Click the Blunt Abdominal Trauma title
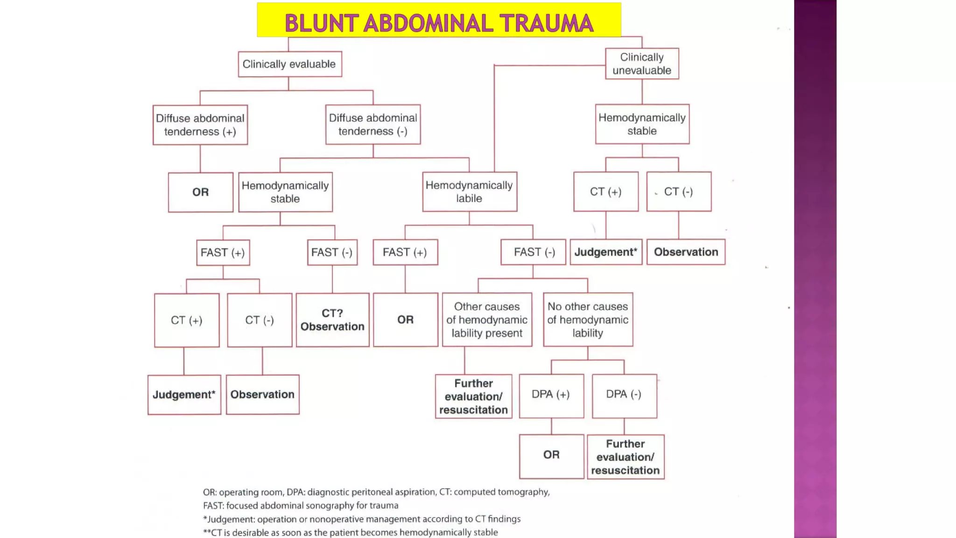pos(439,22)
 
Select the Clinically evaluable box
pos(289,64)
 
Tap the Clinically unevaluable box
pos(642,64)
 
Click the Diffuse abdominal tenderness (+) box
pos(200,125)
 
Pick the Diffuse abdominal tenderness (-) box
pos(373,124)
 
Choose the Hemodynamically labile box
pos(469,191)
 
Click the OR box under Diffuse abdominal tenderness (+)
pos(201,192)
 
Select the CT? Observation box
pos(332,320)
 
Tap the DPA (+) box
pos(551,395)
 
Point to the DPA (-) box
pos(624,395)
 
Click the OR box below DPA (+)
pos(551,455)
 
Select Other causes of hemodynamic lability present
pos(487,320)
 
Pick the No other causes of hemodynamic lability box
pos(588,320)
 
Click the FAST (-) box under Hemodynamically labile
pos(534,252)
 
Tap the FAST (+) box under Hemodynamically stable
pos(223,253)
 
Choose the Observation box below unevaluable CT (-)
pos(686,252)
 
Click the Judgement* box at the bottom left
pos(184,395)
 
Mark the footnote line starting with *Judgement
pos(362,519)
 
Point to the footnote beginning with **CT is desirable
pos(350,532)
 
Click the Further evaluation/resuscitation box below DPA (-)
pos(626,457)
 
